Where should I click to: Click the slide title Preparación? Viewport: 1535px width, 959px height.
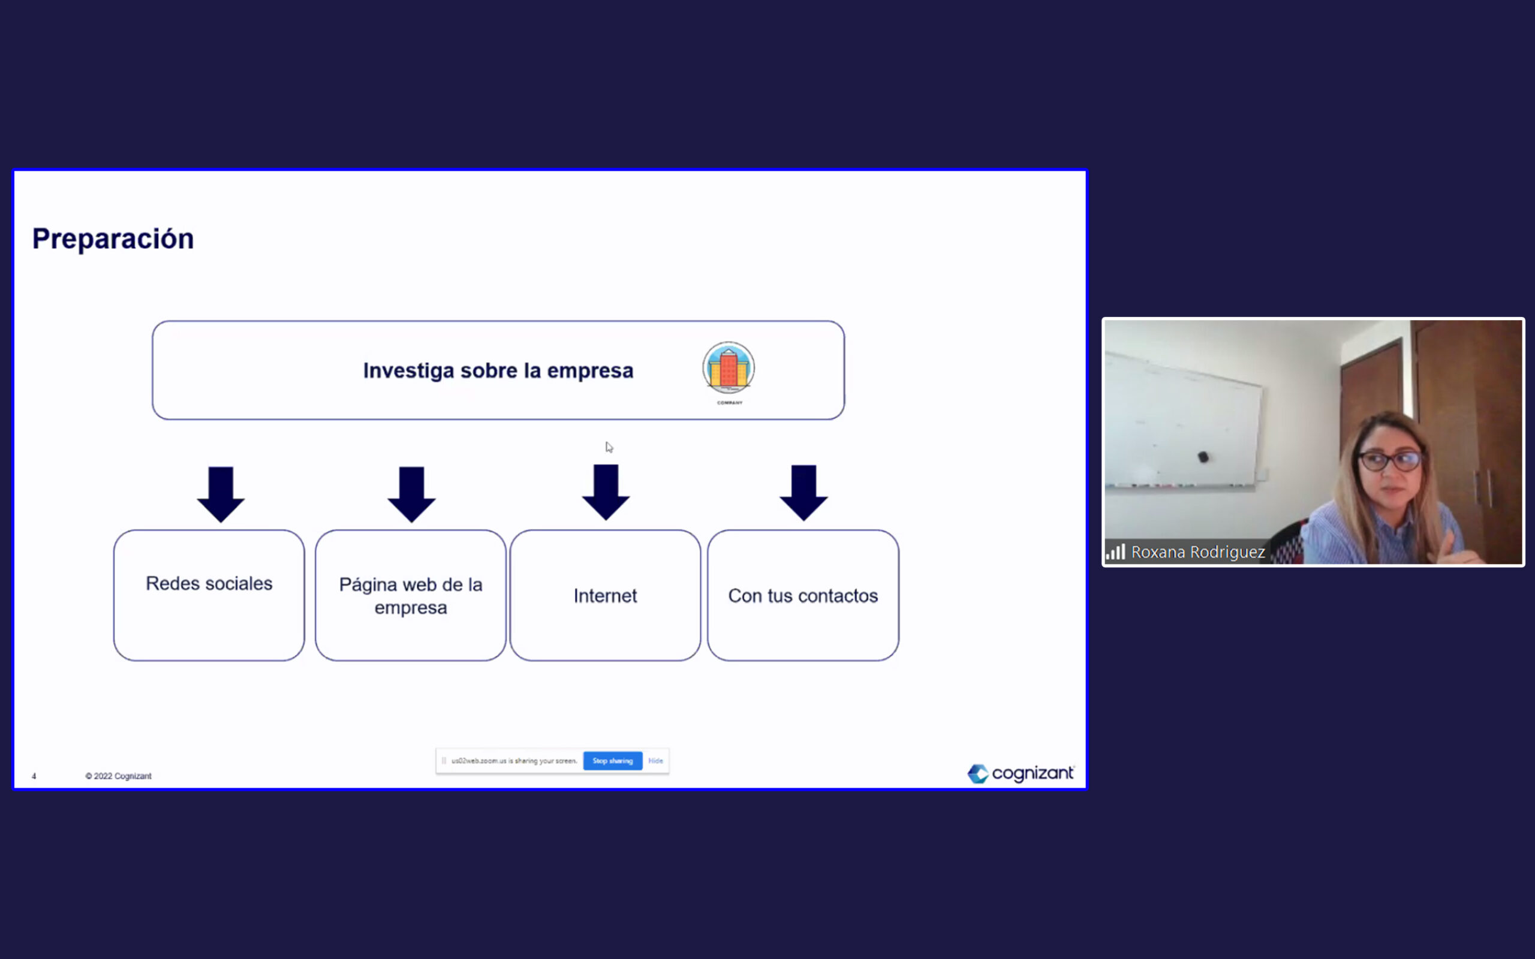coord(113,239)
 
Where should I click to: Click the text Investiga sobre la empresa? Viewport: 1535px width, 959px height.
coord(498,370)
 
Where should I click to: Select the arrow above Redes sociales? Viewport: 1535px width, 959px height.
coord(221,494)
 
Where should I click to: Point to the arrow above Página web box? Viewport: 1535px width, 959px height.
coord(412,494)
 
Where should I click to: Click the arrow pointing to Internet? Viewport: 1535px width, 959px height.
coord(606,493)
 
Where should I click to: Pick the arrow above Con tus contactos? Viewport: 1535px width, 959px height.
coord(803,493)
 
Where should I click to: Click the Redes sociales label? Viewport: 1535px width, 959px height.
coord(209,584)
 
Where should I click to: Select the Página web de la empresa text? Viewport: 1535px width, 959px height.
coord(411,596)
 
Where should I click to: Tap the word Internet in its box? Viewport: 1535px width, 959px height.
coord(605,596)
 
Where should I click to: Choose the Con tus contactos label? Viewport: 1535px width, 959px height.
coord(803,596)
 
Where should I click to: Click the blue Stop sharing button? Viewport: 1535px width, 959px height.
coord(613,761)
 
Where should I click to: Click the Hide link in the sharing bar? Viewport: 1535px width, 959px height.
coord(656,761)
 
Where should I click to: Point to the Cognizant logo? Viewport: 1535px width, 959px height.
coord(1021,773)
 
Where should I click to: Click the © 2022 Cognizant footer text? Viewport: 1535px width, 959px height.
coord(119,776)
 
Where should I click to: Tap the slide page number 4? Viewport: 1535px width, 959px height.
coord(34,776)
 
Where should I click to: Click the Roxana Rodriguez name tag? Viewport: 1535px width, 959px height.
coord(1198,553)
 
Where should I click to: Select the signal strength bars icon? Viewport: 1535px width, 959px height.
coord(1116,552)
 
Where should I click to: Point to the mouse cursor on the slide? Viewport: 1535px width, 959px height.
coord(609,447)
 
